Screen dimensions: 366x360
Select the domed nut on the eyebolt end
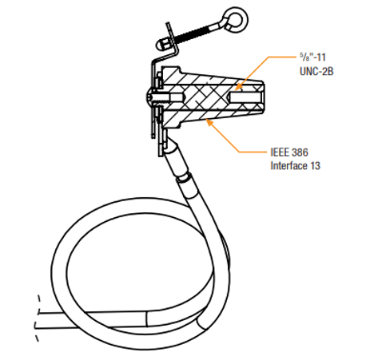coord(162,45)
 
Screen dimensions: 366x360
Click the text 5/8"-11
coord(312,57)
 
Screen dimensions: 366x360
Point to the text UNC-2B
coord(316,71)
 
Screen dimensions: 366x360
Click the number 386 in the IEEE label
coord(300,152)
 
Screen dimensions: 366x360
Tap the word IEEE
coord(280,152)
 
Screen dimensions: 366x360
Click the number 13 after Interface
coord(315,165)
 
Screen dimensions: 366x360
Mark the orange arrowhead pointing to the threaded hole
coord(239,86)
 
